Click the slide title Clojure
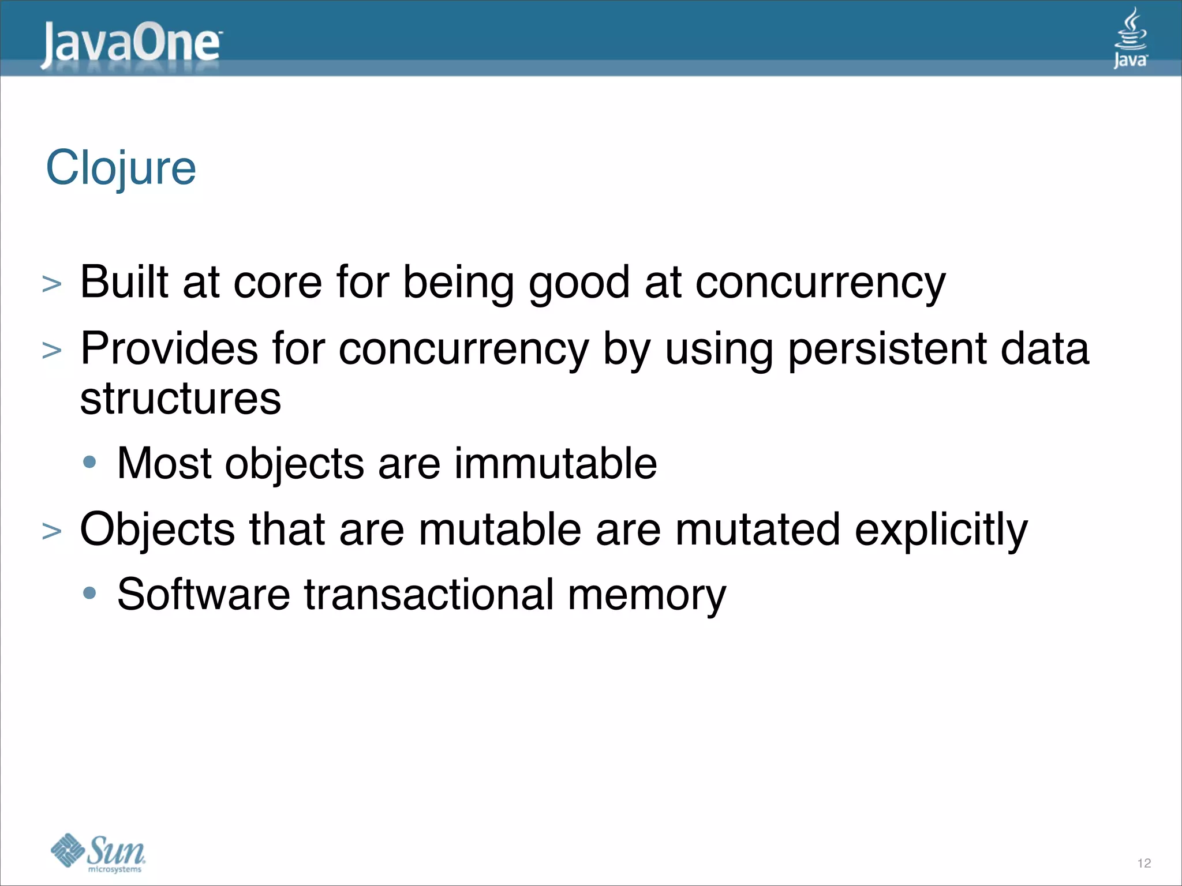(121, 168)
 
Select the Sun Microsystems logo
(98, 851)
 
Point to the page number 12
(1144, 863)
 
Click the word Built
(124, 282)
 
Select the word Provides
(169, 348)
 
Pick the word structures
(181, 399)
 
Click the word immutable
(555, 463)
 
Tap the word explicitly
(941, 530)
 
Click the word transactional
(429, 595)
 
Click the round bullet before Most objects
(89, 462)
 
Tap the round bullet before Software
(89, 593)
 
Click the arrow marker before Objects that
(52, 531)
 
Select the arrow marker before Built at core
(52, 284)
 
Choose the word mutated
(757, 530)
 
